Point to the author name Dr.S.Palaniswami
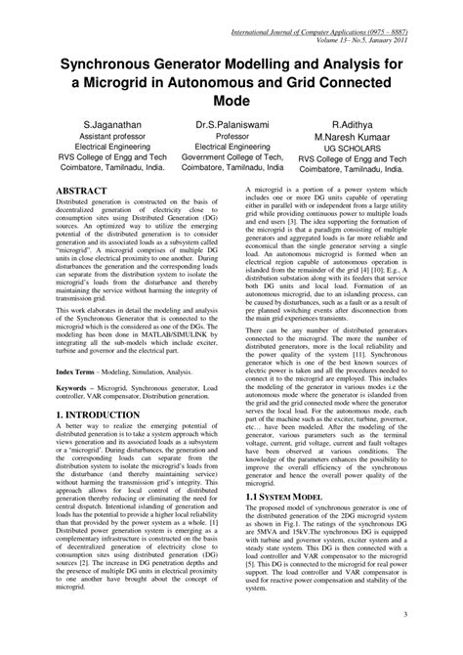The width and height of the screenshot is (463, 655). (231, 127)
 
